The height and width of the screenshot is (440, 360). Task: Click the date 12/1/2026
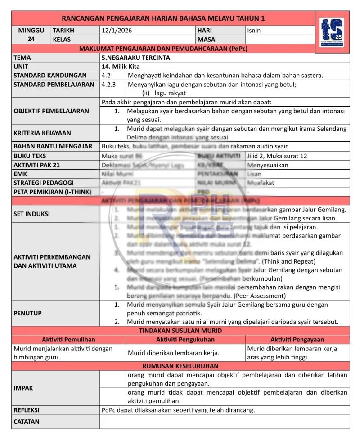pyautogui.click(x=117, y=31)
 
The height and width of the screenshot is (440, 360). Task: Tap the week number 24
pyautogui.click(x=31, y=40)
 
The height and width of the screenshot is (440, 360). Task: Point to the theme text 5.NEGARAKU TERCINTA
pyautogui.click(x=136, y=58)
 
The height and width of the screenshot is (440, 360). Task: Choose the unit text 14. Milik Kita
pyautogui.click(x=121, y=66)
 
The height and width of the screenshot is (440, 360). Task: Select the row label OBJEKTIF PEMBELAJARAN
pyautogui.click(x=51, y=111)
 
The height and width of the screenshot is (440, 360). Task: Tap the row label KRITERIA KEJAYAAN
pyautogui.click(x=42, y=133)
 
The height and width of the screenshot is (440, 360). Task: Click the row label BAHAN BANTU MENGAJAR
pyautogui.click(x=53, y=146)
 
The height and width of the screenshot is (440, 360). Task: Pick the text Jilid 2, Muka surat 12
pyautogui.click(x=277, y=156)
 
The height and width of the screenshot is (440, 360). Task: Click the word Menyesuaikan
pyautogui.click(x=268, y=165)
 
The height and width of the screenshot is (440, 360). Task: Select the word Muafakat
pyautogui.click(x=261, y=183)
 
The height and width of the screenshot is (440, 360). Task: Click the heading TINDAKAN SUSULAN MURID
pyautogui.click(x=180, y=331)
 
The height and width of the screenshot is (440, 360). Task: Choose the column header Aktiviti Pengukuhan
pyautogui.click(x=185, y=340)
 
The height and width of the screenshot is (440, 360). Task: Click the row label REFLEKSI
pyautogui.click(x=27, y=410)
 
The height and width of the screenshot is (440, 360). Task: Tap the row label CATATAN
pyautogui.click(x=27, y=422)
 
